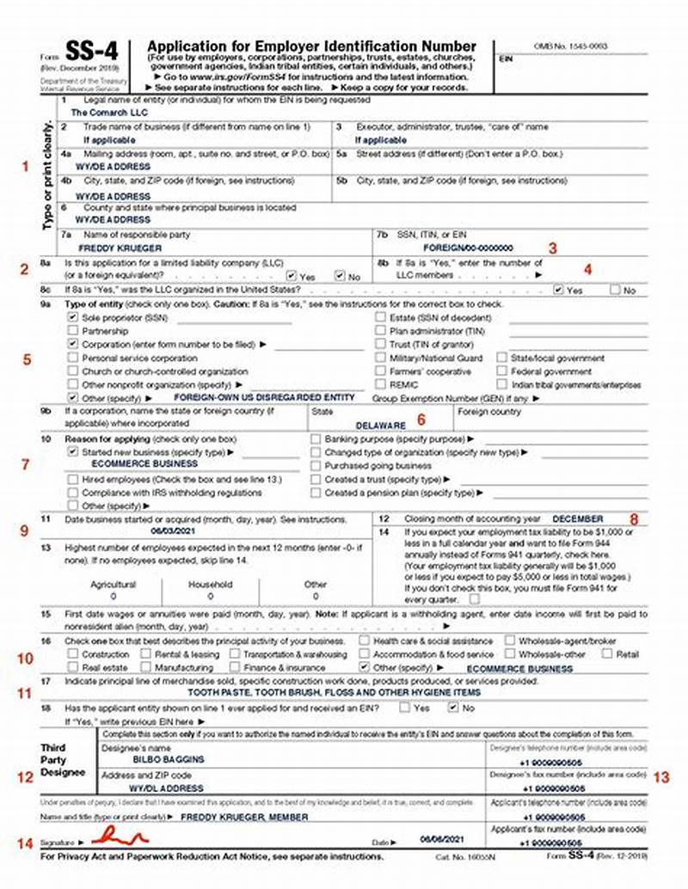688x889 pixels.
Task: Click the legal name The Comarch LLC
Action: [108, 112]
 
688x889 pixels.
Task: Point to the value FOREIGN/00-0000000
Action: [462, 247]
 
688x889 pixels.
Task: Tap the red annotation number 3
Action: [553, 248]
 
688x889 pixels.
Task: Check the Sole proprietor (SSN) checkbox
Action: [73, 316]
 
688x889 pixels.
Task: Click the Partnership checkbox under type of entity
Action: [73, 330]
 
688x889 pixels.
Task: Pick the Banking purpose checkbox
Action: [316, 438]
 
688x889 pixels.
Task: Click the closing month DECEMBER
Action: [577, 518]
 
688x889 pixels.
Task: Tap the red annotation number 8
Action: [633, 518]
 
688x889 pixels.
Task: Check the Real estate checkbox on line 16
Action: [73, 667]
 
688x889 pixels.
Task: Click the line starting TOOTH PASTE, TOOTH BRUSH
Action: [335, 692]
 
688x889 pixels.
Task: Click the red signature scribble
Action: [120, 835]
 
